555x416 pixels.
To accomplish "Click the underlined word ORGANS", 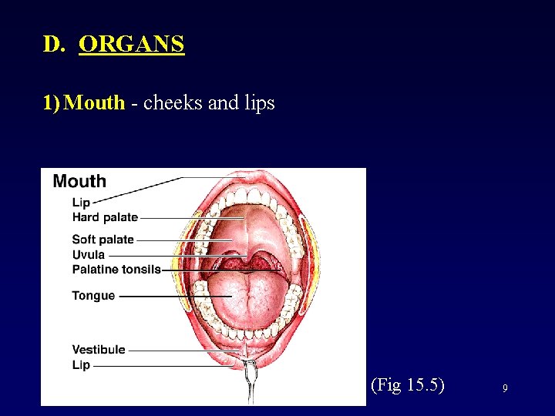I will click(x=132, y=44).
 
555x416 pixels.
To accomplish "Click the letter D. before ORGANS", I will click(x=55, y=44).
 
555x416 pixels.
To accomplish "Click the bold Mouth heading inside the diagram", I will click(x=79, y=182).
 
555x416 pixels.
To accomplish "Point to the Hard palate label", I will click(x=105, y=218).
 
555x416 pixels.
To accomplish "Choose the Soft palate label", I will click(x=103, y=240).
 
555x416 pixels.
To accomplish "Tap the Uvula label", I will click(x=88, y=254).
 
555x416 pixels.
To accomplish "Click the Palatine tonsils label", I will click(x=116, y=269).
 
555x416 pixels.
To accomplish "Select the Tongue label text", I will click(x=93, y=296).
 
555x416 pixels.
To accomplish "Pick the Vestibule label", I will click(x=99, y=350).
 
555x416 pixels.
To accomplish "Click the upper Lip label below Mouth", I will click(x=81, y=203).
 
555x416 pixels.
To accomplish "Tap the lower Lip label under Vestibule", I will click(x=81, y=365).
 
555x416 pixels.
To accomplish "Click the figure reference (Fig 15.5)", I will click(x=407, y=384).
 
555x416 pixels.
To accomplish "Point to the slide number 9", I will click(x=505, y=389).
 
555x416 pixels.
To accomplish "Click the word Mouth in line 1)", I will click(x=94, y=102).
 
